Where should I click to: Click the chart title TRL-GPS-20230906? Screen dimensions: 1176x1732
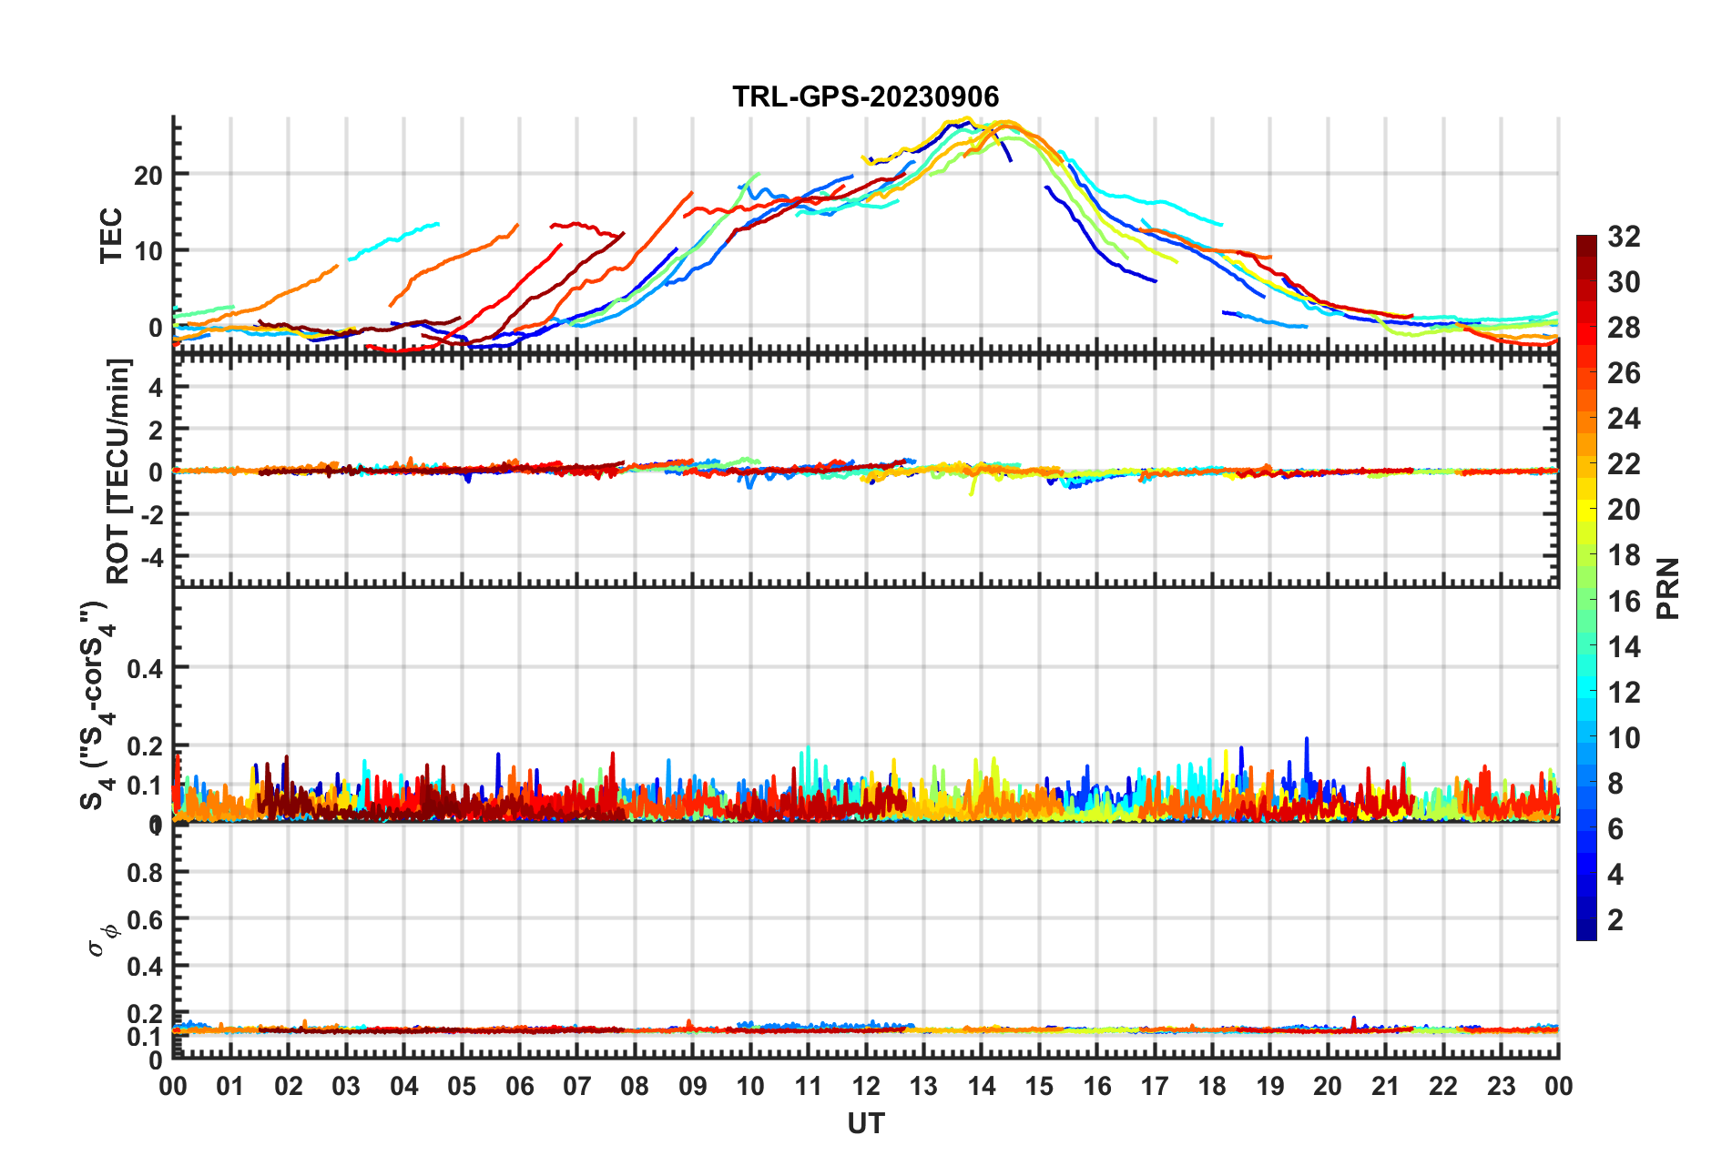pos(865,96)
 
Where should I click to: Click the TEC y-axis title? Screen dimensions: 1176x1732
pos(111,236)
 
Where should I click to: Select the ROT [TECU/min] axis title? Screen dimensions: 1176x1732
pos(118,471)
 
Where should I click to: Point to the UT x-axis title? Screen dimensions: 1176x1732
pos(865,1124)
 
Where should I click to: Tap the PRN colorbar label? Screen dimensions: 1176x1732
pos(1667,588)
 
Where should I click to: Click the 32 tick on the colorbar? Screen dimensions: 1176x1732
pos(1624,237)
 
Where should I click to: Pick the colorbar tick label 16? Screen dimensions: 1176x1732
pos(1624,601)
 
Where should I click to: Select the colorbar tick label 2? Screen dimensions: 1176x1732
pos(1615,919)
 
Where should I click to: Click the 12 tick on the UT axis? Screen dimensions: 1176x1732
pos(865,1086)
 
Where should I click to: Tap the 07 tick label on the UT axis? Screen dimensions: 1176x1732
pos(576,1086)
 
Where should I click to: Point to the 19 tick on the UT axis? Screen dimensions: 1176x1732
pos(1269,1086)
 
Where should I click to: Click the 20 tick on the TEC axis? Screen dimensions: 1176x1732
pos(148,175)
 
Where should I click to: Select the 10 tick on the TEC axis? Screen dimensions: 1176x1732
pos(148,251)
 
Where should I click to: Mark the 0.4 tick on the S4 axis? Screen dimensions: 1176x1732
pos(145,669)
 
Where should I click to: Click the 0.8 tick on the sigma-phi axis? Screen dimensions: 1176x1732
pos(145,872)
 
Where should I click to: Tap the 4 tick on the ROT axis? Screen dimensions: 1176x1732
pos(155,387)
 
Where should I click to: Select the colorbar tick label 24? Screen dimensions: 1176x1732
pos(1624,419)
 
